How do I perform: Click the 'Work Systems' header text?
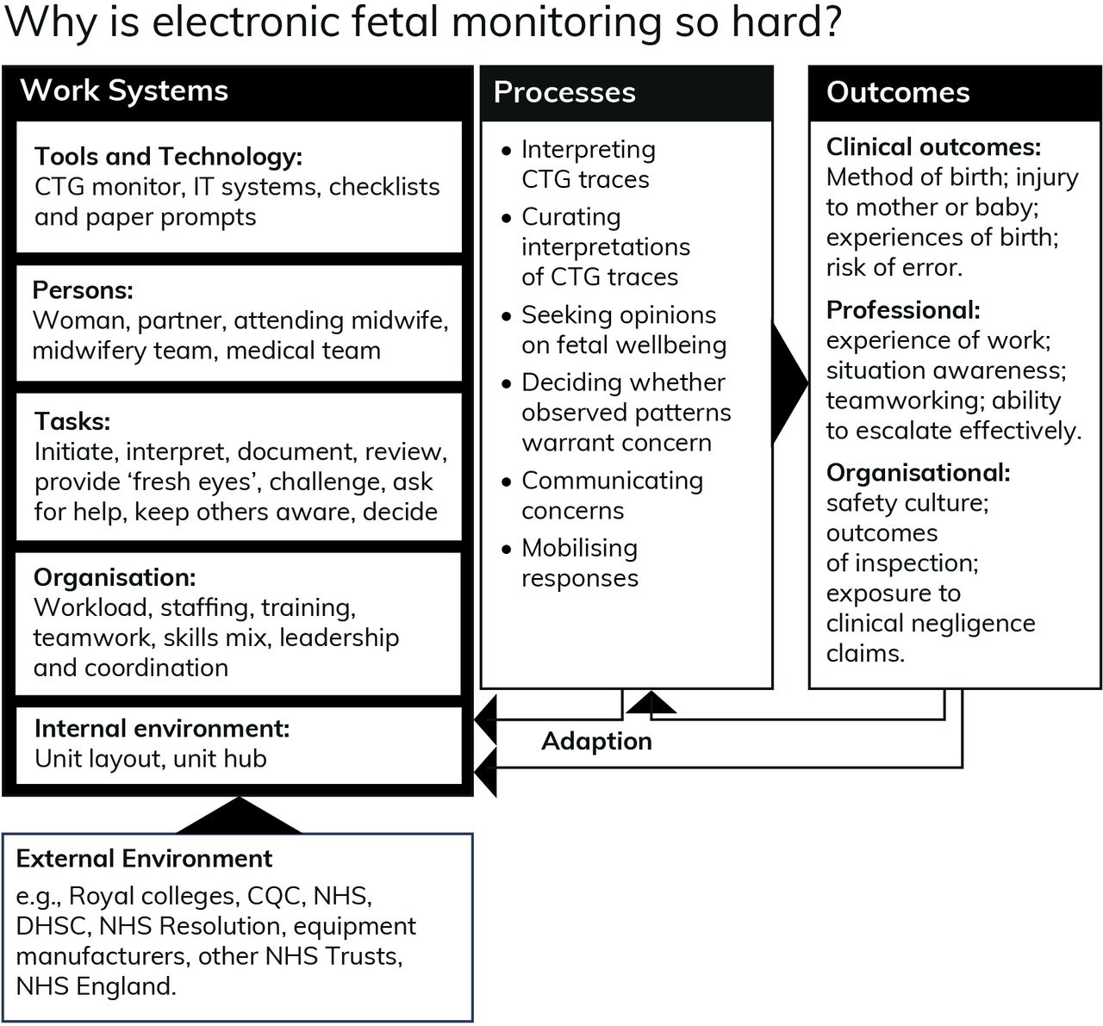coord(124,91)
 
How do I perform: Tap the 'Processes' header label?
coord(564,92)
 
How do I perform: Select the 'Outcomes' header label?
coord(898,92)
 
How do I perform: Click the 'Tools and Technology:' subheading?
coord(168,157)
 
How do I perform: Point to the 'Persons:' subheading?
coord(83,290)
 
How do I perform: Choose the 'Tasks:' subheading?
coord(72,421)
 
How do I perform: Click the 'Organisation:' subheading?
coord(115,578)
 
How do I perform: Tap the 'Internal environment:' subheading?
coord(162,728)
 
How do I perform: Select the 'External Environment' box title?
coord(144,859)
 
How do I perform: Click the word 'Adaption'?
coord(596,742)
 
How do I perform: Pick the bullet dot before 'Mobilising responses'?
coord(506,550)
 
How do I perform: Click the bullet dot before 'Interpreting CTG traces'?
coord(506,151)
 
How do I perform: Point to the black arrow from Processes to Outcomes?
coord(789,383)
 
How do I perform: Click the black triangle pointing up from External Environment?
coord(239,818)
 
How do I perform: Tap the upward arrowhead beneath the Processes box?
coord(651,702)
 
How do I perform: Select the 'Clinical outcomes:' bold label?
coord(933,147)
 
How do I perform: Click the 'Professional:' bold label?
coord(903,310)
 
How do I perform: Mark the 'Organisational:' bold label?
coord(918,473)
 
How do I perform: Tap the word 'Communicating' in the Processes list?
coord(612,481)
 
